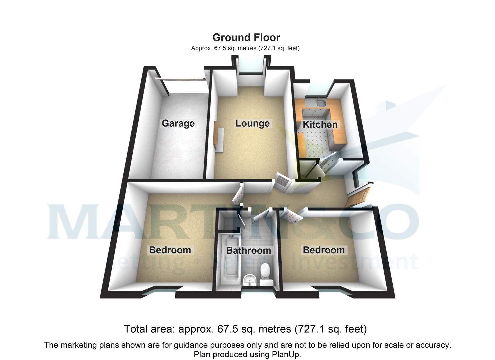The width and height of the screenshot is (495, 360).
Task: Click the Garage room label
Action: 178,123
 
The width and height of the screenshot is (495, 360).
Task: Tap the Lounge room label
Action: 252,123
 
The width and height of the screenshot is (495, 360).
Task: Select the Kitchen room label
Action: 320,125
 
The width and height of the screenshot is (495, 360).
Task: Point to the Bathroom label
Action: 248,250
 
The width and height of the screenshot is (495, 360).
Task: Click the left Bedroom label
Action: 170,250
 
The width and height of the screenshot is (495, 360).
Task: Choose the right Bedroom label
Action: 323,250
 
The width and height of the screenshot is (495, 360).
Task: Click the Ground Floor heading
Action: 246,37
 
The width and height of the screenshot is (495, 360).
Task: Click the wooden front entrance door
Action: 358,197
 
